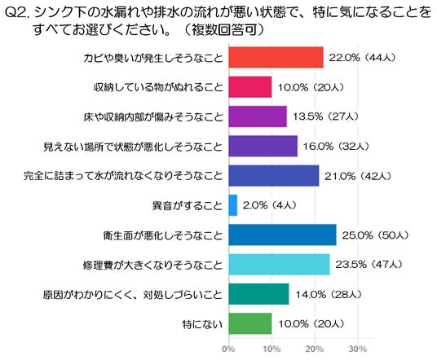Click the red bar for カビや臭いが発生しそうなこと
coord(276,57)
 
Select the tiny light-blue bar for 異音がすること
coord(233,205)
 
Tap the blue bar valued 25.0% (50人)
coord(282,235)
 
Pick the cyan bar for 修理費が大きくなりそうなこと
coord(280,264)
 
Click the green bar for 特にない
coord(250,323)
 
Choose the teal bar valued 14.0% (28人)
coord(259,294)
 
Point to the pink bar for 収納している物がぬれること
coord(250,87)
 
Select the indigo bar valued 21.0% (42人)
coord(274,176)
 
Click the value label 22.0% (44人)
coord(362,58)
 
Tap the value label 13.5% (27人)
coord(325,116)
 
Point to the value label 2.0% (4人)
coord(270,205)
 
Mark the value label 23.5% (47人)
coord(369,265)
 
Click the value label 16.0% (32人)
coord(336,146)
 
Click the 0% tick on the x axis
coord(228,349)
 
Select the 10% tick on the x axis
coord(271,349)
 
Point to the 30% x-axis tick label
coord(358,349)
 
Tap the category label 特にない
coord(203,324)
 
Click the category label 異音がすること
coord(188,206)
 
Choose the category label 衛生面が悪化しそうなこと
coord(163,235)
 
